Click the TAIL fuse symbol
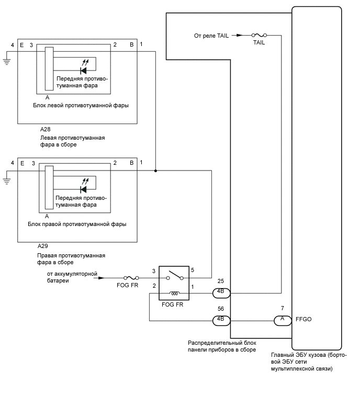click(x=259, y=36)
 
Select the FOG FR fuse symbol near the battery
click(x=131, y=278)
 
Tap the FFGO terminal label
click(x=304, y=319)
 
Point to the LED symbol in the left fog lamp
click(x=84, y=70)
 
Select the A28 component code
click(x=46, y=129)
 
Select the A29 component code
click(x=44, y=245)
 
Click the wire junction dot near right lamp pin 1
click(x=155, y=171)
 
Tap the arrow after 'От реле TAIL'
click(x=239, y=36)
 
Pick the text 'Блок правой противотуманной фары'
click(x=77, y=224)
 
